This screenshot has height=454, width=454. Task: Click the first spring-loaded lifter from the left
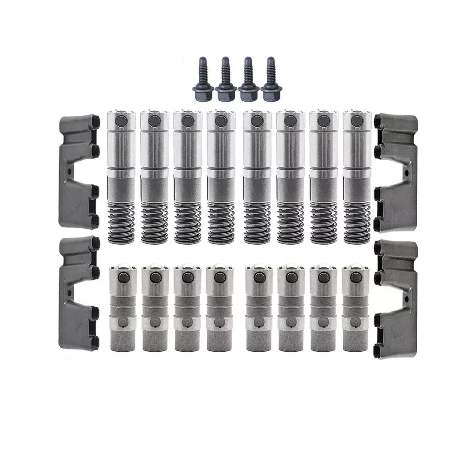tap(121, 177)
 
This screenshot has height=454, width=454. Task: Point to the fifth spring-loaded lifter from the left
tap(257, 177)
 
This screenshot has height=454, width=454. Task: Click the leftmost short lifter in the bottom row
tap(123, 309)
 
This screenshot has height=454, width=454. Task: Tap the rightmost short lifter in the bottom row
tap(355, 309)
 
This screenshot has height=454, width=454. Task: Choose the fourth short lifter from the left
tap(220, 309)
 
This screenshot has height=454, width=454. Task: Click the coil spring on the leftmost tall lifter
tap(121, 222)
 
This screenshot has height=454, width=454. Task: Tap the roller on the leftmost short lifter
tap(123, 277)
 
